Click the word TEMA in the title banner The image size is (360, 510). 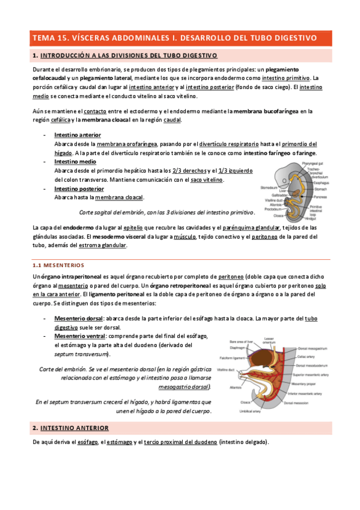[44, 37]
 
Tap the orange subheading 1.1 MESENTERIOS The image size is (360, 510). [59, 265]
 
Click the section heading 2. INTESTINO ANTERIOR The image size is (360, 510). [70, 428]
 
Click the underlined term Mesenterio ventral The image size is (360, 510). [79, 336]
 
